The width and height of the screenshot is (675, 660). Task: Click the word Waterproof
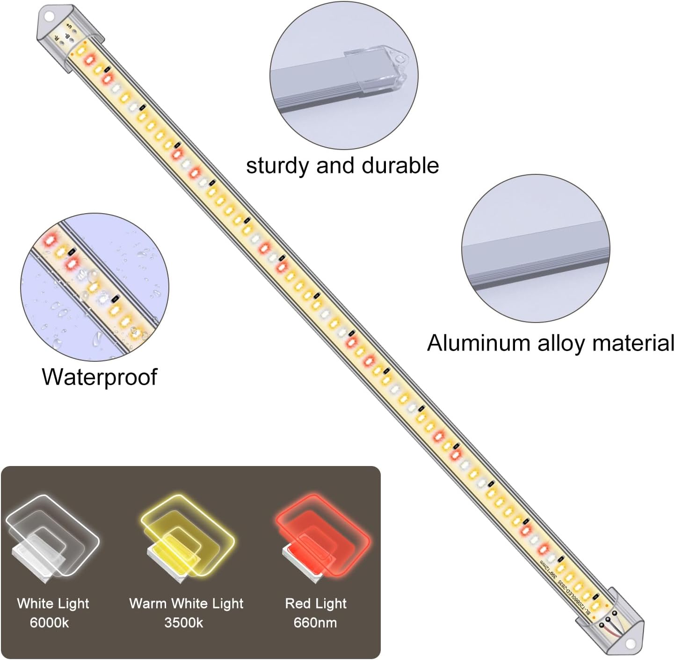click(99, 377)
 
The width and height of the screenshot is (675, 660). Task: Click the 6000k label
click(49, 623)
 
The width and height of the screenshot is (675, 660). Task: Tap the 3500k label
click(183, 623)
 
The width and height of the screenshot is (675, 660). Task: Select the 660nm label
click(315, 623)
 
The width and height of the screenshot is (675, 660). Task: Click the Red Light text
click(316, 603)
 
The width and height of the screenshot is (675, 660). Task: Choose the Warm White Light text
click(186, 603)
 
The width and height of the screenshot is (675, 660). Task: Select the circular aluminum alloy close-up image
click(536, 248)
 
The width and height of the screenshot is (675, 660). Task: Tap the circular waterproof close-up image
click(94, 287)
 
